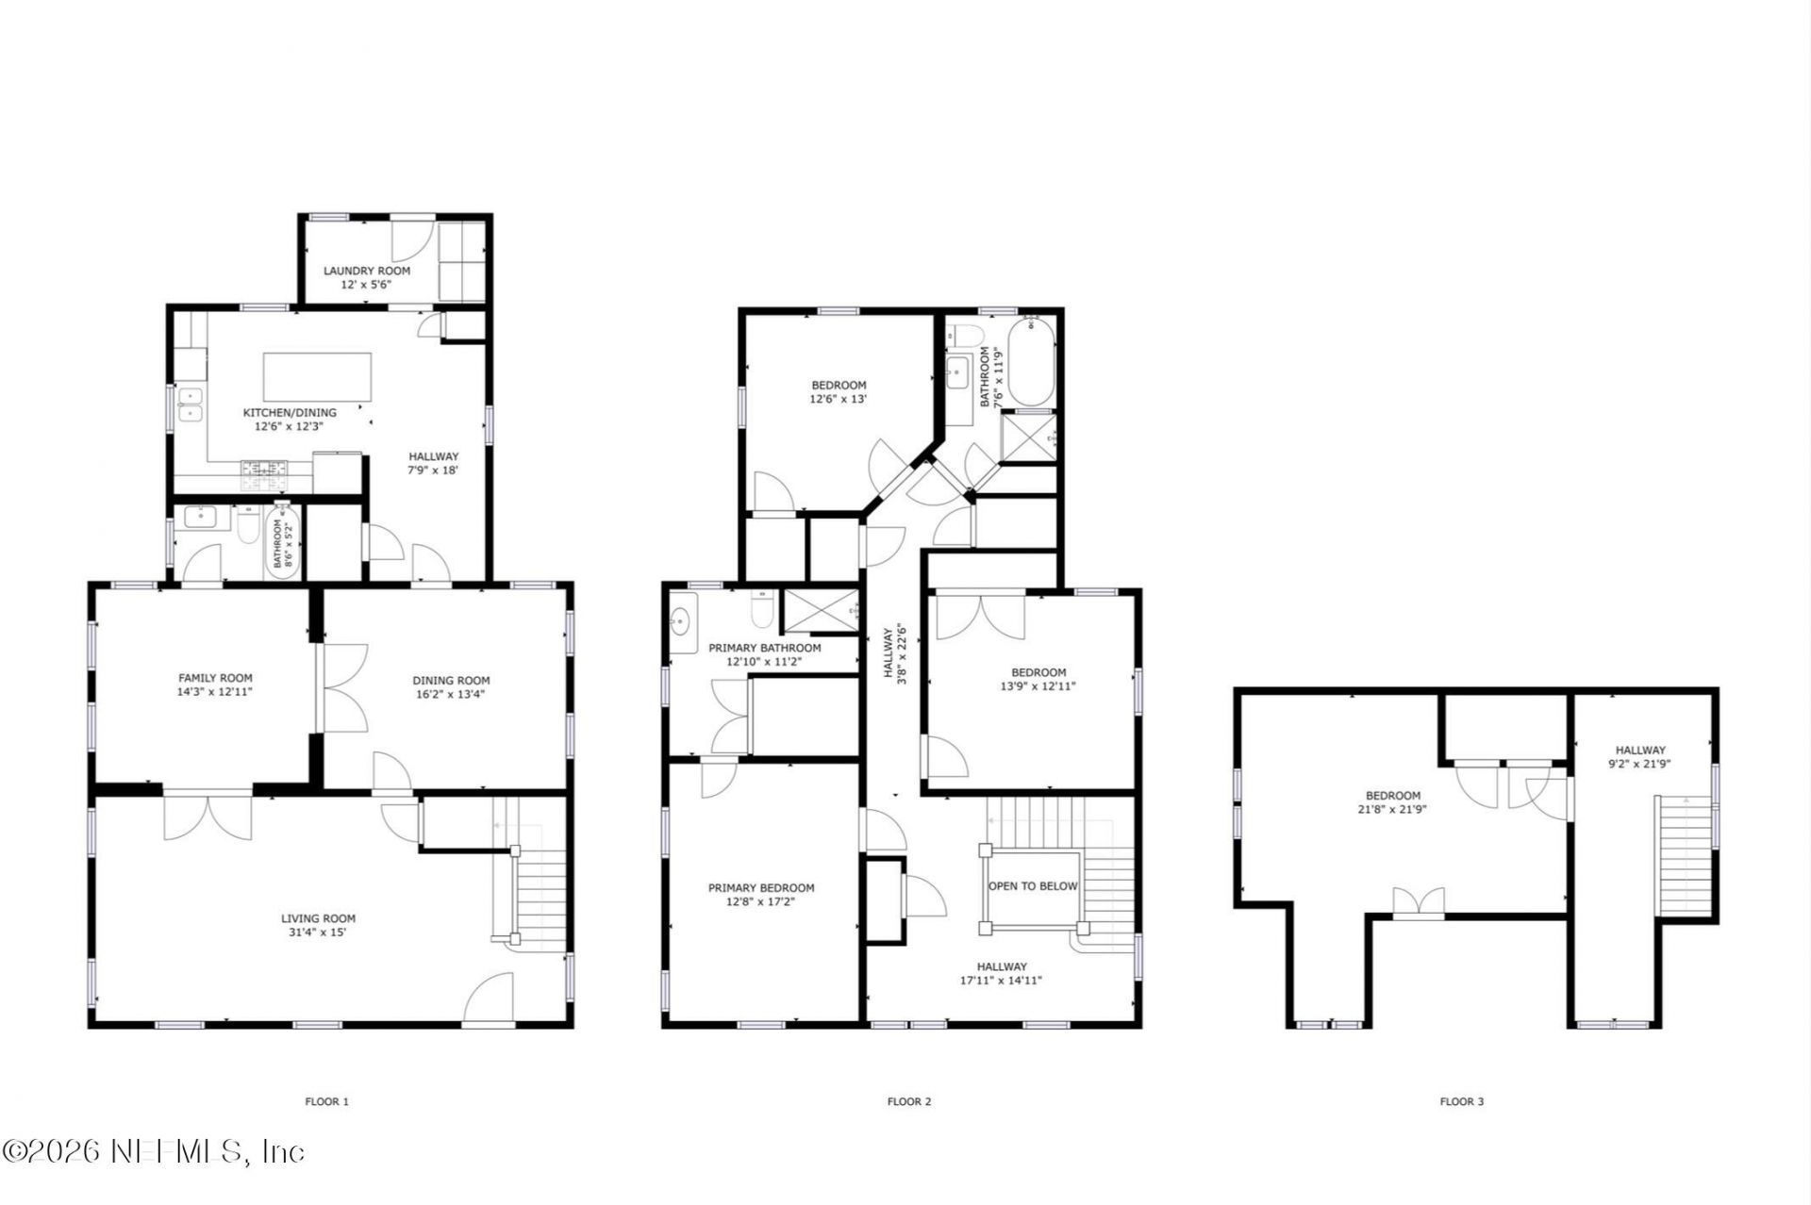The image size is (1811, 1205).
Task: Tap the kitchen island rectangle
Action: click(x=317, y=377)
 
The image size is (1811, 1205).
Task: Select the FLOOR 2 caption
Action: click(x=908, y=1101)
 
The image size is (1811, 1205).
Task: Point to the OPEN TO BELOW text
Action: click(x=1032, y=886)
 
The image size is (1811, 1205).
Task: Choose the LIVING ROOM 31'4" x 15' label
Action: click(x=318, y=925)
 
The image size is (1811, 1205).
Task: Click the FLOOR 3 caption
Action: click(x=1461, y=1101)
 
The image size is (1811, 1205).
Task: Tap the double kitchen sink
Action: click(x=190, y=404)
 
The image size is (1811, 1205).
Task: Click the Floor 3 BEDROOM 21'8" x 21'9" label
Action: click(x=1392, y=802)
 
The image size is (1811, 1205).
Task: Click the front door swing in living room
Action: click(x=490, y=999)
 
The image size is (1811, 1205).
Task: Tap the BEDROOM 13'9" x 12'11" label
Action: click(x=1038, y=680)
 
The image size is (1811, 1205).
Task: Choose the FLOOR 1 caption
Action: click(x=326, y=1101)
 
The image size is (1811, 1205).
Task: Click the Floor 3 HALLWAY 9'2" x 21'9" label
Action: click(x=1639, y=757)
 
